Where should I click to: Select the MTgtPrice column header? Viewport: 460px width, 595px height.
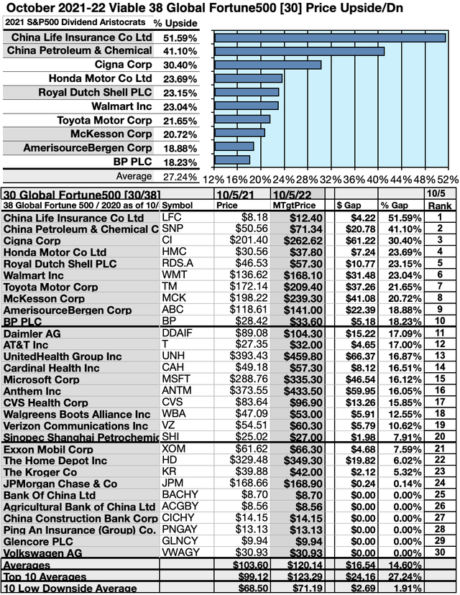click(295, 204)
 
